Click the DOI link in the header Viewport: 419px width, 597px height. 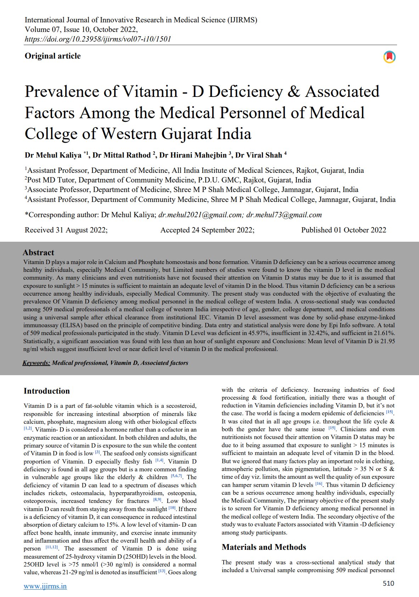(98, 39)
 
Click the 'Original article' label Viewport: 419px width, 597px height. (53, 56)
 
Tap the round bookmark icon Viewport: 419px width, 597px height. (389, 57)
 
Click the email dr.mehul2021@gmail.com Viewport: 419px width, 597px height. (200, 215)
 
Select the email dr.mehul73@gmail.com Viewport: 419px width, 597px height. (284, 215)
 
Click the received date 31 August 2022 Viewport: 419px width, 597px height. (82, 230)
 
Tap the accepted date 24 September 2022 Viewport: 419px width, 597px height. (223, 230)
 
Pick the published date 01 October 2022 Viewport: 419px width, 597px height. (360, 230)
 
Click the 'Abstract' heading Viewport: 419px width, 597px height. (38, 252)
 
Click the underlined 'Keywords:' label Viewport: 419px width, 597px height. (36, 363)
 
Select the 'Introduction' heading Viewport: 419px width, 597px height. (47, 391)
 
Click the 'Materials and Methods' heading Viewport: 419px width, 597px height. (264, 547)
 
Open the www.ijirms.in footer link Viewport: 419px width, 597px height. (45, 586)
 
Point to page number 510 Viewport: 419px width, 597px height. (389, 583)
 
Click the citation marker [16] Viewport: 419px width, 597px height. (319, 484)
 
